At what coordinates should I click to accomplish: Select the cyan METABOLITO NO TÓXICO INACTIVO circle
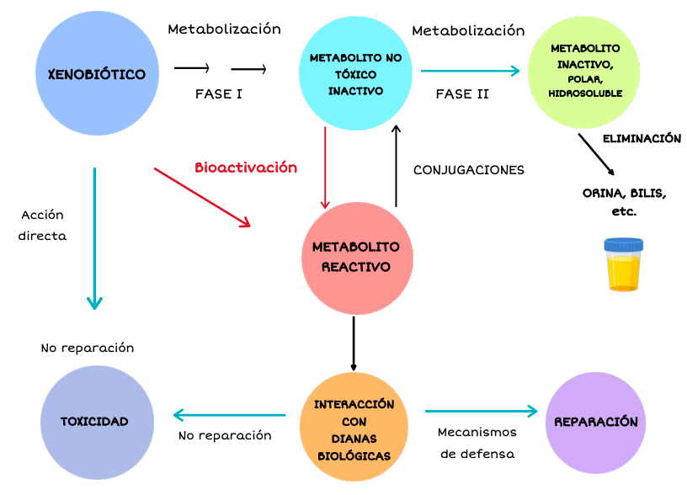355,74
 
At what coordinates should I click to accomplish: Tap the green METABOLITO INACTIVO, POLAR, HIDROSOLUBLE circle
585,72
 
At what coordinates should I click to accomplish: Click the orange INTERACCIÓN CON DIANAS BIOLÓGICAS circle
354,428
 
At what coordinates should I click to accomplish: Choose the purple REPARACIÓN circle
595,423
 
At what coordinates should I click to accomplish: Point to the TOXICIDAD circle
94,421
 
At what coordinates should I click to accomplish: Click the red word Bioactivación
246,168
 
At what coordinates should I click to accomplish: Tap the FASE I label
219,93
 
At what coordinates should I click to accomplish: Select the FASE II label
462,93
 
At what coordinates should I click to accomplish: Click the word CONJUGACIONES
468,170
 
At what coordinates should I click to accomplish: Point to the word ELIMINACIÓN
642,139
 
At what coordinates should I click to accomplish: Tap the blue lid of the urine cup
623,246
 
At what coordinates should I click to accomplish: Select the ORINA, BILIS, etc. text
624,202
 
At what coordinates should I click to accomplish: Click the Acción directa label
42,226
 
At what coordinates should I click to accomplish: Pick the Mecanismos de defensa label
477,443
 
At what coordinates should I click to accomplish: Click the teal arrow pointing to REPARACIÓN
481,411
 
